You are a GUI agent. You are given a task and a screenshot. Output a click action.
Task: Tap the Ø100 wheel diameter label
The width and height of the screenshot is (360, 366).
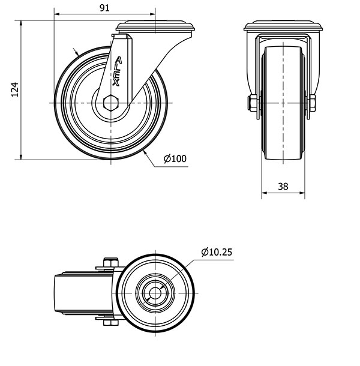click(x=175, y=159)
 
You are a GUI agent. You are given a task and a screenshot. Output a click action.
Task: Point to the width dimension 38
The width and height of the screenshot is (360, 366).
click(x=283, y=187)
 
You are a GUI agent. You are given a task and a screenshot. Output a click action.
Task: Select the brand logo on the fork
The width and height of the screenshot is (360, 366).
click(x=117, y=72)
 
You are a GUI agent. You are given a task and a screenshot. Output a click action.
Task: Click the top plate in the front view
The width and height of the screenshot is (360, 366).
click(x=283, y=26)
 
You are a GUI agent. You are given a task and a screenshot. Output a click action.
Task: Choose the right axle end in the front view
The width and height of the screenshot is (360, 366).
click(x=313, y=104)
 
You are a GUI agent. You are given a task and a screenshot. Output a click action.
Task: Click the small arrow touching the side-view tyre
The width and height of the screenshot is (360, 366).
click(x=77, y=53)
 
